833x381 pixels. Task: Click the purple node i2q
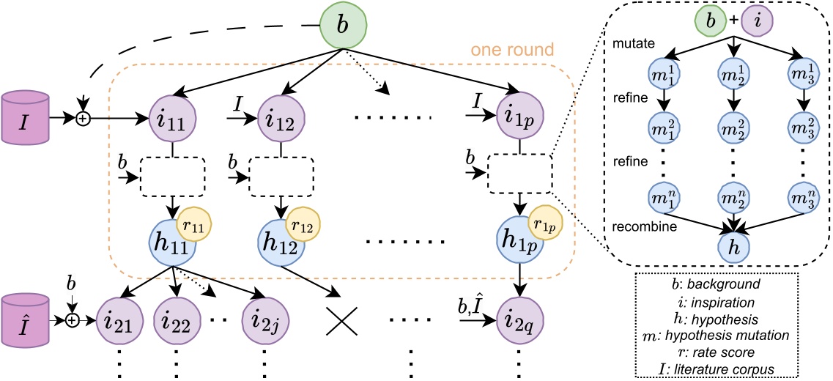[x=519, y=320]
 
